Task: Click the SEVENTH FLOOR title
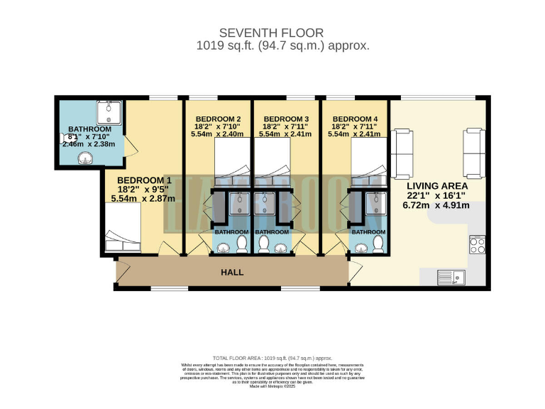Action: [272, 33]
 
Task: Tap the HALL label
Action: [232, 272]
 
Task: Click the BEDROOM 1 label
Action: [145, 180]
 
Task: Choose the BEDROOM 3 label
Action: [285, 119]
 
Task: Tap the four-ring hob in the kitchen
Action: [476, 246]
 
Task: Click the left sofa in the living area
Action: [402, 154]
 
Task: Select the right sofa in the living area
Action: [473, 153]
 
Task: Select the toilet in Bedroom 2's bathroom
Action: [241, 245]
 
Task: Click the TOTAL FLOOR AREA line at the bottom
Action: [272, 358]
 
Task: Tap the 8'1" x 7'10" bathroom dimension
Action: [90, 136]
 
